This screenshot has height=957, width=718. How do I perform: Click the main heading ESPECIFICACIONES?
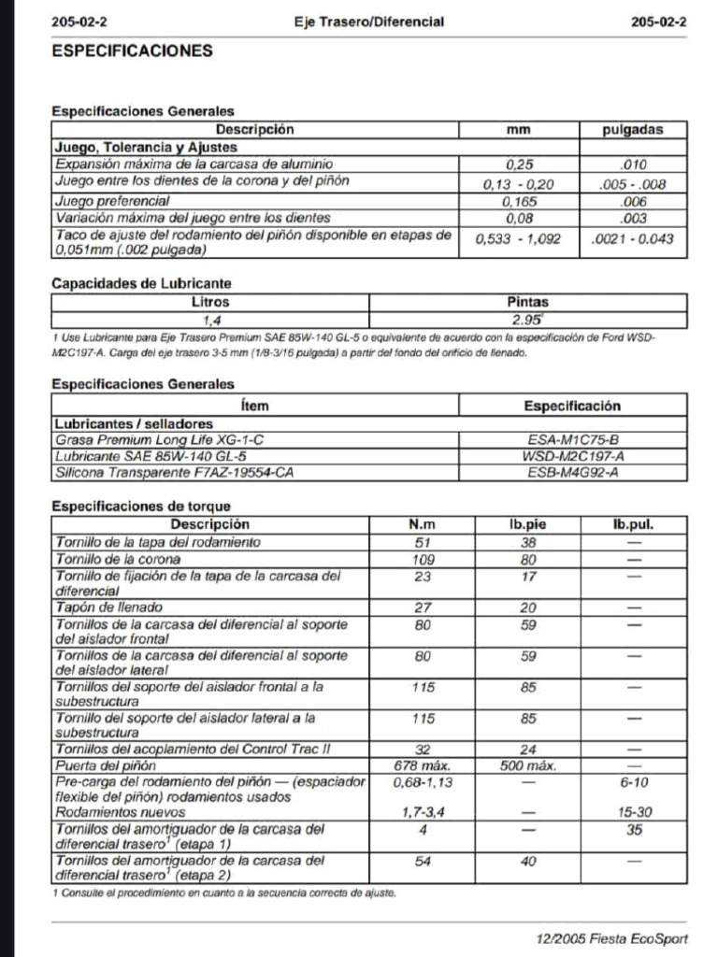click(x=132, y=50)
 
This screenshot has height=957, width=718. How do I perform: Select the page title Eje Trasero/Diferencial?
click(x=368, y=21)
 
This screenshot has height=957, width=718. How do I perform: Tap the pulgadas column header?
click(x=633, y=131)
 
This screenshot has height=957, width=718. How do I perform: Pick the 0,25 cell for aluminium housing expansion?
click(x=518, y=164)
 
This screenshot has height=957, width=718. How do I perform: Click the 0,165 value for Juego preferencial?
click(x=518, y=201)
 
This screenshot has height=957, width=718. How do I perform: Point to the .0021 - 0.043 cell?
click(x=633, y=239)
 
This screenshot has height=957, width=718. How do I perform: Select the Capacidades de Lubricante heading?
click(x=141, y=283)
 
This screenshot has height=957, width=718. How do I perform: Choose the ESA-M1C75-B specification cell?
click(x=572, y=438)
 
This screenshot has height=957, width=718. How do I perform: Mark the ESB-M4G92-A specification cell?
click(x=572, y=472)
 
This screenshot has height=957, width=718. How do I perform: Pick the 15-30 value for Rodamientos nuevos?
click(x=635, y=813)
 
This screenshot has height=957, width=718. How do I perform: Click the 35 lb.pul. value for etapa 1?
click(x=635, y=829)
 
